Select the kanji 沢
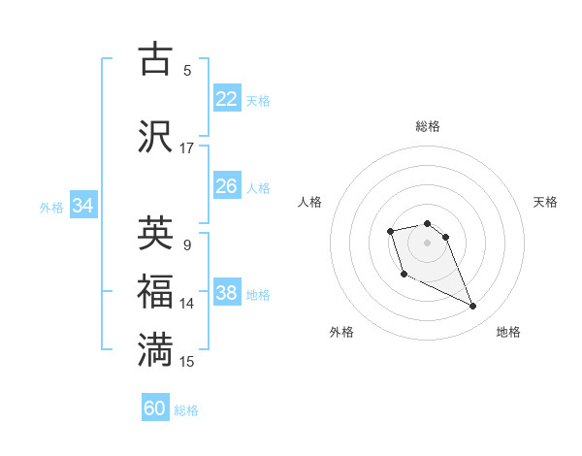(x=156, y=136)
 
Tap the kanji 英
(x=156, y=233)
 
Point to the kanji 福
(x=156, y=292)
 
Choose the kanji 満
(x=156, y=350)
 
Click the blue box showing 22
(x=226, y=99)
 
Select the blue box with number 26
(x=226, y=186)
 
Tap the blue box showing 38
(x=226, y=293)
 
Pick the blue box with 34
(x=82, y=206)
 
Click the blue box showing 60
(x=155, y=408)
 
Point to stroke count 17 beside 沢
(x=187, y=148)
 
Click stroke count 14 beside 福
(x=187, y=304)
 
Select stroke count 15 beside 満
(x=187, y=362)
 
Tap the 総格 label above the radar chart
(x=427, y=126)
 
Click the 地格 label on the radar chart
(x=508, y=332)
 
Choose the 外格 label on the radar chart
(x=341, y=332)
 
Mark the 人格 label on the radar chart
(x=310, y=202)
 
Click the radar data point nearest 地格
(x=473, y=307)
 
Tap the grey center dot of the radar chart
(x=427, y=242)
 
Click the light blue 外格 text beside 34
(x=51, y=207)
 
